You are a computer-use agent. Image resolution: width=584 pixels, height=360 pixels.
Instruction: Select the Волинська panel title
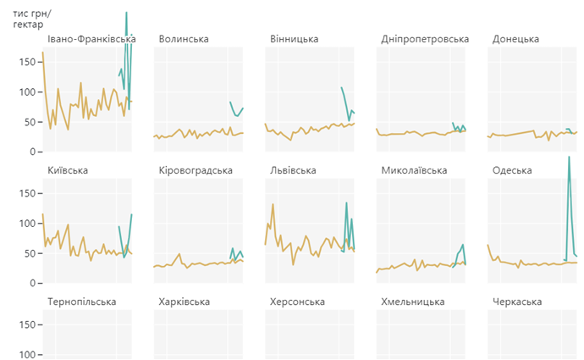184,39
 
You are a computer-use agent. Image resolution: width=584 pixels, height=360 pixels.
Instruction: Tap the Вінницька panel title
294,39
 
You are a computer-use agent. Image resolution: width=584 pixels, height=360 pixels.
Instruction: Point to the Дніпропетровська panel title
425,39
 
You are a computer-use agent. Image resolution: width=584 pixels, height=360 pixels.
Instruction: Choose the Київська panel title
69,170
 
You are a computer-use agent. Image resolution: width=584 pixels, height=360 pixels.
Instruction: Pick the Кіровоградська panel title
196,170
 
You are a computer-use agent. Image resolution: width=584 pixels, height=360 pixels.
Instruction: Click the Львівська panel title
293,170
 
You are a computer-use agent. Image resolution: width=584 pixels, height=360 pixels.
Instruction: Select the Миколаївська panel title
414,170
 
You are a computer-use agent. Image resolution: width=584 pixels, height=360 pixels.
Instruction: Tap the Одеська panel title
512,170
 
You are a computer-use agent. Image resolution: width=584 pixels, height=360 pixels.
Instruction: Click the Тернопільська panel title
82,302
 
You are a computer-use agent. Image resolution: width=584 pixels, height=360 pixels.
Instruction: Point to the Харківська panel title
185,302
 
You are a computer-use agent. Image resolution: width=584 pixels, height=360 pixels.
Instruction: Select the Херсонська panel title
297,302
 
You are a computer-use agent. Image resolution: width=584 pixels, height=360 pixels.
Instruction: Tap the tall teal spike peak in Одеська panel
569,157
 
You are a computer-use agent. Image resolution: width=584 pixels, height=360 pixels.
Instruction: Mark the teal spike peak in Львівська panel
346,202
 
